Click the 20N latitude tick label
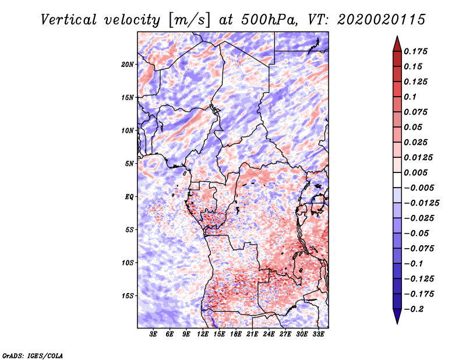point(128,65)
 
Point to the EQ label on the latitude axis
point(129,197)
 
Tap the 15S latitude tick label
point(128,296)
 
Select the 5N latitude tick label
point(129,164)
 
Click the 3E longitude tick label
point(153,334)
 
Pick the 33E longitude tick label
point(318,334)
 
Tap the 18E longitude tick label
point(236,334)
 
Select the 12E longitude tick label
point(203,334)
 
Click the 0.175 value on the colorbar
point(415,51)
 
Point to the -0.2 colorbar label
point(414,309)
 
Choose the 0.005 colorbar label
point(415,172)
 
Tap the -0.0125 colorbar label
point(421,203)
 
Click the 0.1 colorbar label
point(410,97)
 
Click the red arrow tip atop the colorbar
point(397,36)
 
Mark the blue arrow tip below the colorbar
point(397,323)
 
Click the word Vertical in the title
point(69,20)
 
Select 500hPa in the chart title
point(269,20)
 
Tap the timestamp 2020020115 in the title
point(382,20)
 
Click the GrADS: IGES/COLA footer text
point(33,356)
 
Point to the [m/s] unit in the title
point(189,20)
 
